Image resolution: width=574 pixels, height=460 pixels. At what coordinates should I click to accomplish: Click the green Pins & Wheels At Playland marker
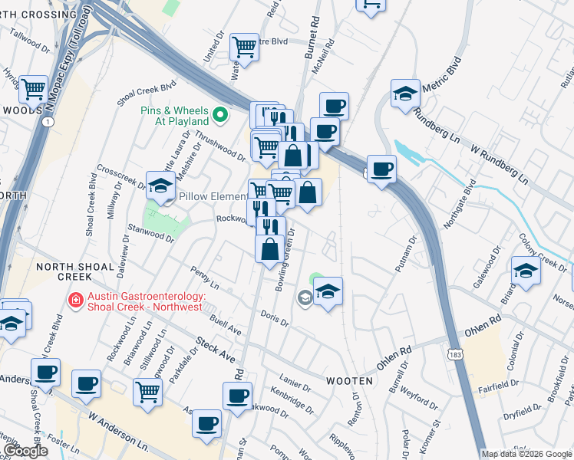221,116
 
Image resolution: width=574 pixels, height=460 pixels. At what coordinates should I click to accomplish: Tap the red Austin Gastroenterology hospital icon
76,301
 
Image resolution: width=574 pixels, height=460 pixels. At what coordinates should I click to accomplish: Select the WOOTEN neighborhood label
352,380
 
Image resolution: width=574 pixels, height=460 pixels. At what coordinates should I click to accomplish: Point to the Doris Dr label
274,318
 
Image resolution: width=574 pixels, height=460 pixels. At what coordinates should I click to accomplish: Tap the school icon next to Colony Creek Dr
526,271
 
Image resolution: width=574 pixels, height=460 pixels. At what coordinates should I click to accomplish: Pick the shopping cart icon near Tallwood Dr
33,89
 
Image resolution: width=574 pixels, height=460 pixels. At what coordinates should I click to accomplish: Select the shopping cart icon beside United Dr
244,46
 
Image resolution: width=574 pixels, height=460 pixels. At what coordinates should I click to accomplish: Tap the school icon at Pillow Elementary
160,186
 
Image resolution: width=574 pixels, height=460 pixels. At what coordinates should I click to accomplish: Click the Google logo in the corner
25,452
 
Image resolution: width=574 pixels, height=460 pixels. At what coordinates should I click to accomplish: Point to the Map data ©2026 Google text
526,454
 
